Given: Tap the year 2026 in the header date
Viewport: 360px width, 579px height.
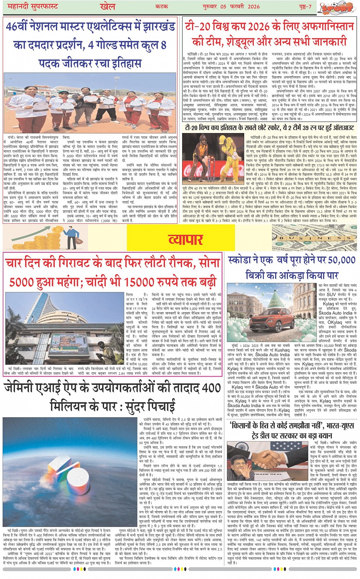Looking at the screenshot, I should (x=253, y=6).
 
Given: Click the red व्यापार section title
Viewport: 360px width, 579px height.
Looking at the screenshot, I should (x=186, y=239).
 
